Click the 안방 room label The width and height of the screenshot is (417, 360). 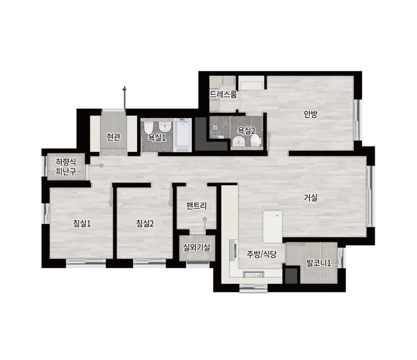point(311,115)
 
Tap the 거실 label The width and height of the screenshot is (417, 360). point(311,198)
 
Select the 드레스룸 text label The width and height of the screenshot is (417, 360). point(223,95)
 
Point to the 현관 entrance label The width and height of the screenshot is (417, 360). point(114,137)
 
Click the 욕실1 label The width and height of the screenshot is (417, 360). point(157,137)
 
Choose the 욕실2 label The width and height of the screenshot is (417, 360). point(246,130)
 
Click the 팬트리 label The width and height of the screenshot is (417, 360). point(197,206)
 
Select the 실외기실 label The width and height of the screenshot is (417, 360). point(197,247)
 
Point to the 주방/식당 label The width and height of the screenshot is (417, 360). point(262,254)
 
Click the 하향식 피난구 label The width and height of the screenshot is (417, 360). point(66,167)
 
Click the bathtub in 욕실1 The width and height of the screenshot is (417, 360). point(182,135)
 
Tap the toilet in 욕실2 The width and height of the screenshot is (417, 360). point(255,140)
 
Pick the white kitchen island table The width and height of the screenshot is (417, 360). point(272,227)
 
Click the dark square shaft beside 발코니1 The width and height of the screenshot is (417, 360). point(291,276)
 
